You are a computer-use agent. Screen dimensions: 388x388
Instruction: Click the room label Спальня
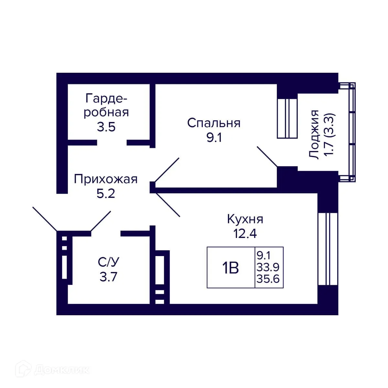214,123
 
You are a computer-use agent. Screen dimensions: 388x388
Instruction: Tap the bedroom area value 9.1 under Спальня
214,138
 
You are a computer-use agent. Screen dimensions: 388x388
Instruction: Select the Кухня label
245,219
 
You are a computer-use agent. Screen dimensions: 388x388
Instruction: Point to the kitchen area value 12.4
245,233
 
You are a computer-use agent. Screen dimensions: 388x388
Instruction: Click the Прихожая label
106,179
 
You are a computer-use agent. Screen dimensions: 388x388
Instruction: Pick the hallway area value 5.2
106,194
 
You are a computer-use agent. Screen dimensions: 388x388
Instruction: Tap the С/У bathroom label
108,262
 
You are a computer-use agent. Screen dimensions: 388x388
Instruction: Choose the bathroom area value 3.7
108,277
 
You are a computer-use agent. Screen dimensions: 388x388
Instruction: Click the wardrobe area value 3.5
106,127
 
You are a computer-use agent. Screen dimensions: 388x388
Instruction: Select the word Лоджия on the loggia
314,135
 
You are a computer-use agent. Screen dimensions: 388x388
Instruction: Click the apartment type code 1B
230,268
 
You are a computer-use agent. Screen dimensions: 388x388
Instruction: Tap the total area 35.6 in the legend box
268,279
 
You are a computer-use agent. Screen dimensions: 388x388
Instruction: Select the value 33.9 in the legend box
268,267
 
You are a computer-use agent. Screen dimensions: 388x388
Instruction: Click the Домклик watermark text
61,370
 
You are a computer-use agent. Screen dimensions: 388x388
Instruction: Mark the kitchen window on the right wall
328,249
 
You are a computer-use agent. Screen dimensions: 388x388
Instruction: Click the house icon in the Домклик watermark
25,370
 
